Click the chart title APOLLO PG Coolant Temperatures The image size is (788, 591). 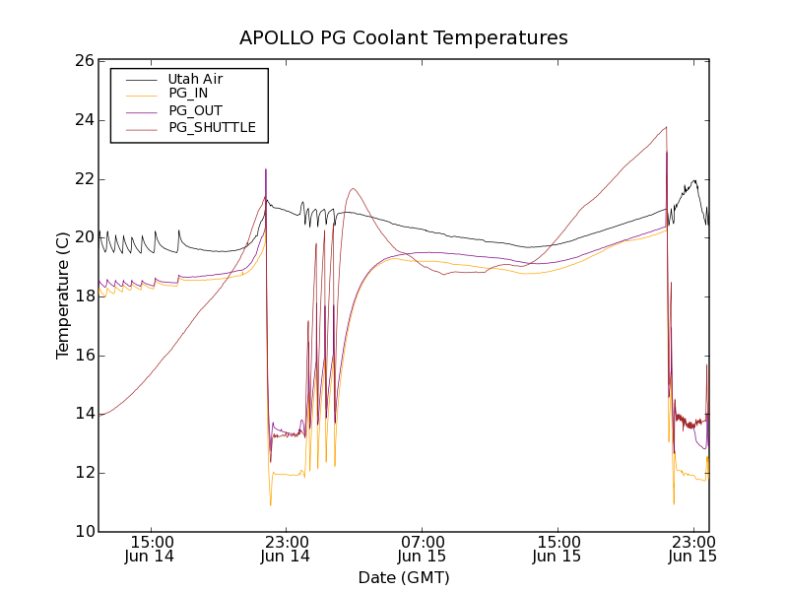pyautogui.click(x=404, y=38)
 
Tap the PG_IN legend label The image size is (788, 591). pyautogui.click(x=188, y=94)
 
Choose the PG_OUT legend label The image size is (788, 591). pyautogui.click(x=195, y=110)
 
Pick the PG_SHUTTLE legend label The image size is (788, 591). pyautogui.click(x=212, y=127)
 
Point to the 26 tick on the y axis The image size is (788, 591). pyautogui.click(x=84, y=61)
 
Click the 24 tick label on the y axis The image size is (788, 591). pyautogui.click(x=84, y=120)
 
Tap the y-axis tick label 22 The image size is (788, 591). pyautogui.click(x=84, y=179)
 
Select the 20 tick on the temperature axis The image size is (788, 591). pyautogui.click(x=84, y=237)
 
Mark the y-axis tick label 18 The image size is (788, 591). pyautogui.click(x=84, y=296)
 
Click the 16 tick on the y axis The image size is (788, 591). pyautogui.click(x=84, y=356)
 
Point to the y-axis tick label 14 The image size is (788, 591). pyautogui.click(x=84, y=414)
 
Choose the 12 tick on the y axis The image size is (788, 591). pyautogui.click(x=84, y=473)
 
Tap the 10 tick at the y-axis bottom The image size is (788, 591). pyautogui.click(x=84, y=532)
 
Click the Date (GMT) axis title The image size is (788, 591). pyautogui.click(x=404, y=577)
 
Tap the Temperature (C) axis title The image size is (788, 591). pyautogui.click(x=63, y=296)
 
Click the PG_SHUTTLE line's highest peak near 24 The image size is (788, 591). pyautogui.click(x=666, y=127)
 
